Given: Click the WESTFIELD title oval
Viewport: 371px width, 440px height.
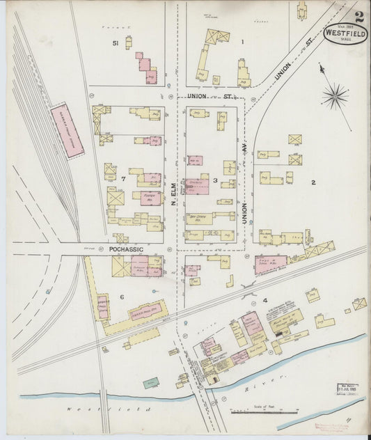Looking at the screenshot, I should coord(346,33).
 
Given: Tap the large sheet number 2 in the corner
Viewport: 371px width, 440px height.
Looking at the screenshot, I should coord(358,18).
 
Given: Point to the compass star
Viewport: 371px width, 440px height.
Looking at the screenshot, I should coord(336,96).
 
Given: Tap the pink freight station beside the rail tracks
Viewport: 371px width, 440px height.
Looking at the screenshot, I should coord(67,130).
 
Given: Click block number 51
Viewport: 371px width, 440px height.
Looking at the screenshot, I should coord(116,43).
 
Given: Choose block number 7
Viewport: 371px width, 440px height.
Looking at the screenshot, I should coord(122,179).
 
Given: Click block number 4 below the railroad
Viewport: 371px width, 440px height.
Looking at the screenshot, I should coord(265,300).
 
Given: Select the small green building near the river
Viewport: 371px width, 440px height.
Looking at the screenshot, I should coord(150,382).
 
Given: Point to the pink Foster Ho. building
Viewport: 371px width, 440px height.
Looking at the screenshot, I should coord(149,198).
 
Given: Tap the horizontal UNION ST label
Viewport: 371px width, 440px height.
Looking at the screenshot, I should coord(203,96).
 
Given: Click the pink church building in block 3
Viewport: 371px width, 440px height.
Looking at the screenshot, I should coord(197,185).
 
